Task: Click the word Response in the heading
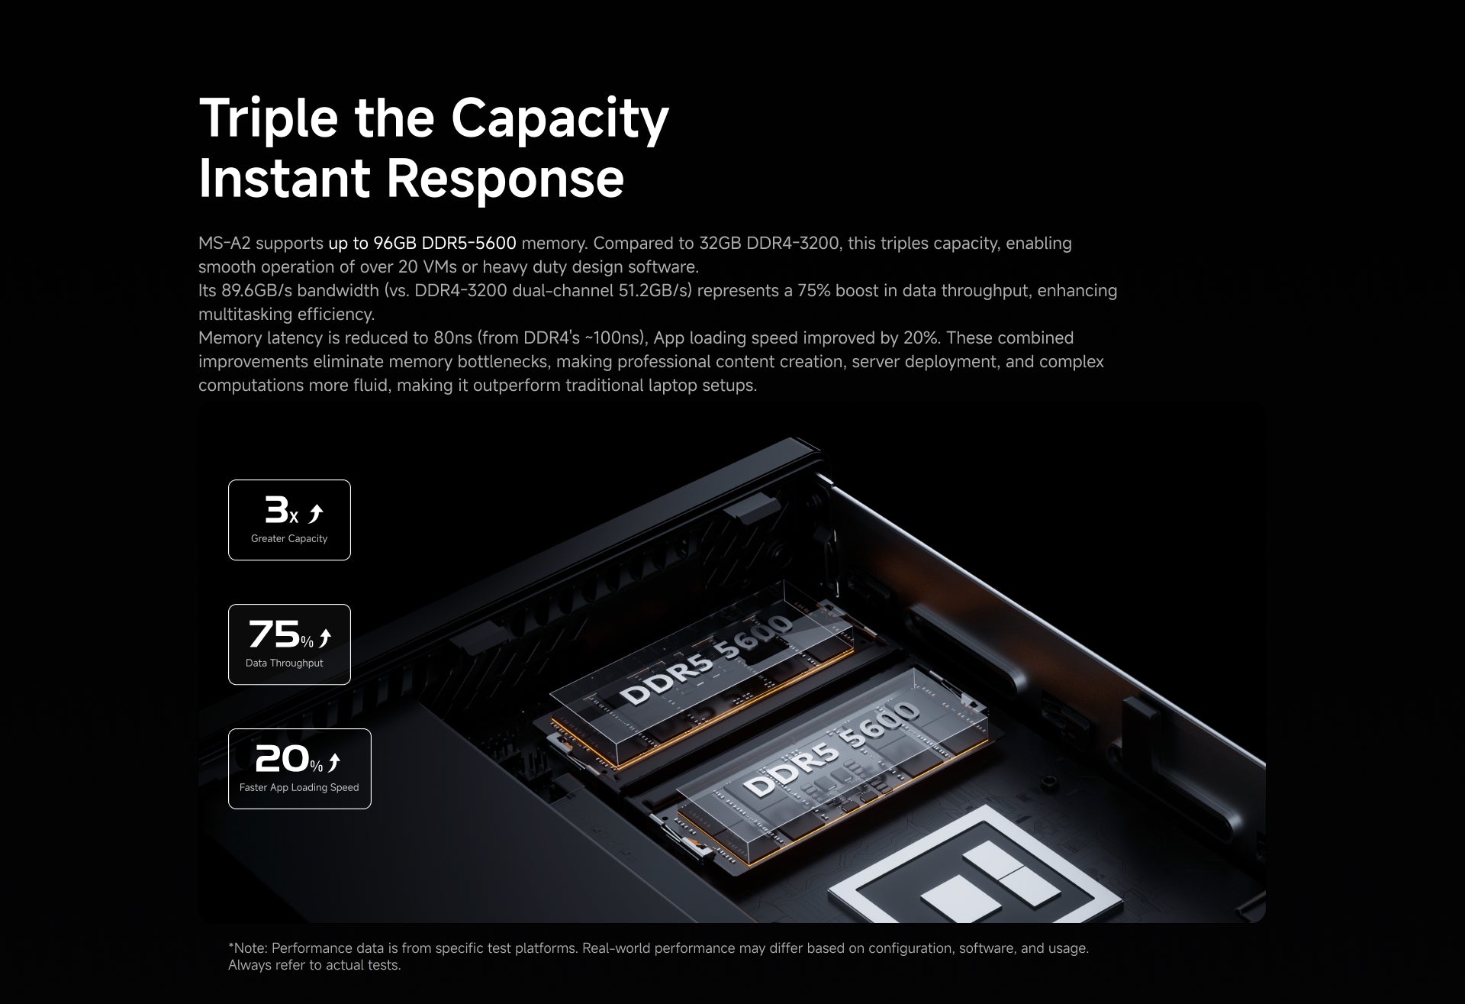pos(505,178)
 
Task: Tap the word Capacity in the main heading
pos(559,118)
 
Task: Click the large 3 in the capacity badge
pos(275,509)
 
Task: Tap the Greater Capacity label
pos(289,539)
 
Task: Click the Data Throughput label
pos(284,663)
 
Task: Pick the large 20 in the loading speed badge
pos(281,758)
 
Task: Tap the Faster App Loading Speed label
pos(299,788)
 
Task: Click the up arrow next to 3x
pos(316,514)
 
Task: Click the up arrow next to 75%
pos(325,638)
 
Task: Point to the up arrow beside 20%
pos(333,762)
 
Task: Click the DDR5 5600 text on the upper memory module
pos(707,660)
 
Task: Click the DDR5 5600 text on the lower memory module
pos(831,749)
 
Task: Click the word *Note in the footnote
pos(247,948)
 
